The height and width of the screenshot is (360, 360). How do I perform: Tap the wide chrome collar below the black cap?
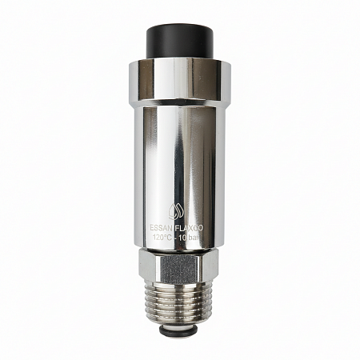point(179,80)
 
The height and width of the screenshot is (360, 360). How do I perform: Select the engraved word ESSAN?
point(164,227)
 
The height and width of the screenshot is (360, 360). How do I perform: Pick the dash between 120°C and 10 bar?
point(182,238)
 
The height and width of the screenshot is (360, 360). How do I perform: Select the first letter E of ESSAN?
point(153,227)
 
